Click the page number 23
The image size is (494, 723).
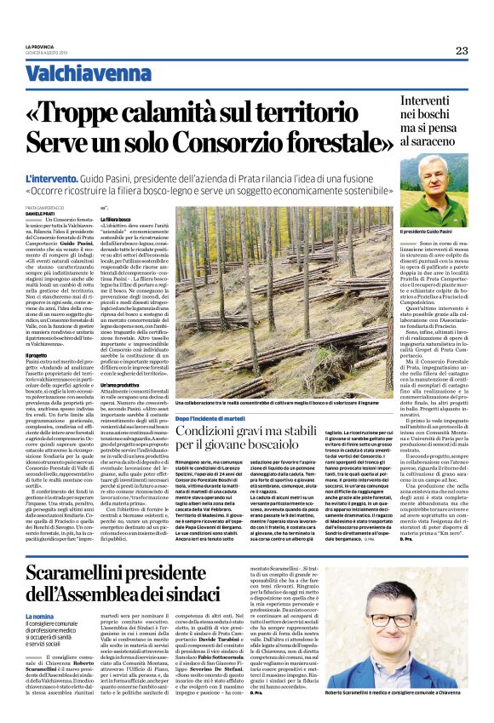tap(461, 50)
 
